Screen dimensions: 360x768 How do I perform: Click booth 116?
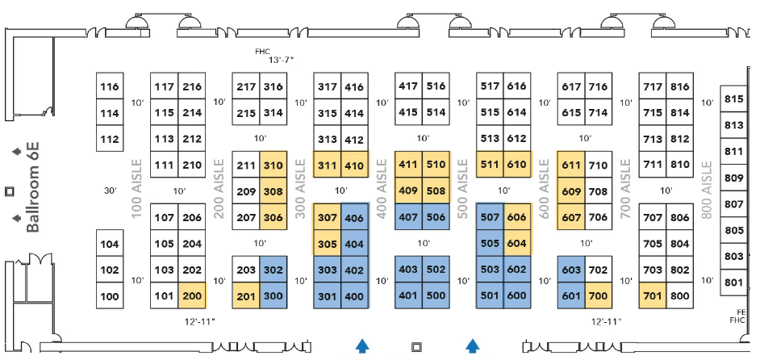(110, 87)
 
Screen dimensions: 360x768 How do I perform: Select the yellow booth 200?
(192, 295)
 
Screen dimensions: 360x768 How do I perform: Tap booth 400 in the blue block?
(354, 295)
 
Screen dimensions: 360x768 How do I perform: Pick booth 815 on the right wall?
(733, 99)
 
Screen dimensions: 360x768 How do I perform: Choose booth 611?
(571, 165)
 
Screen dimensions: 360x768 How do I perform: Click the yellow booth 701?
(653, 295)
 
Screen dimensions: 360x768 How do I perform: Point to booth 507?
(490, 217)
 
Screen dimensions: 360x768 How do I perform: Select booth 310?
(273, 165)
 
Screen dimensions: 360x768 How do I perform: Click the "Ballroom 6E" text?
(33, 186)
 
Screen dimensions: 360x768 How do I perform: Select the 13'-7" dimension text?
(282, 61)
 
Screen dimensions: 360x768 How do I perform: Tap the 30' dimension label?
(111, 191)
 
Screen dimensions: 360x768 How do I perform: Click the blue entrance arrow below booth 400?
(363, 345)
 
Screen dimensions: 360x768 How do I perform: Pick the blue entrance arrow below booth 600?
(473, 345)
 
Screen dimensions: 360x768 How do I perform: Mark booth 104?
(110, 244)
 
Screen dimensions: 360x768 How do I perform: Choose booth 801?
(733, 283)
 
